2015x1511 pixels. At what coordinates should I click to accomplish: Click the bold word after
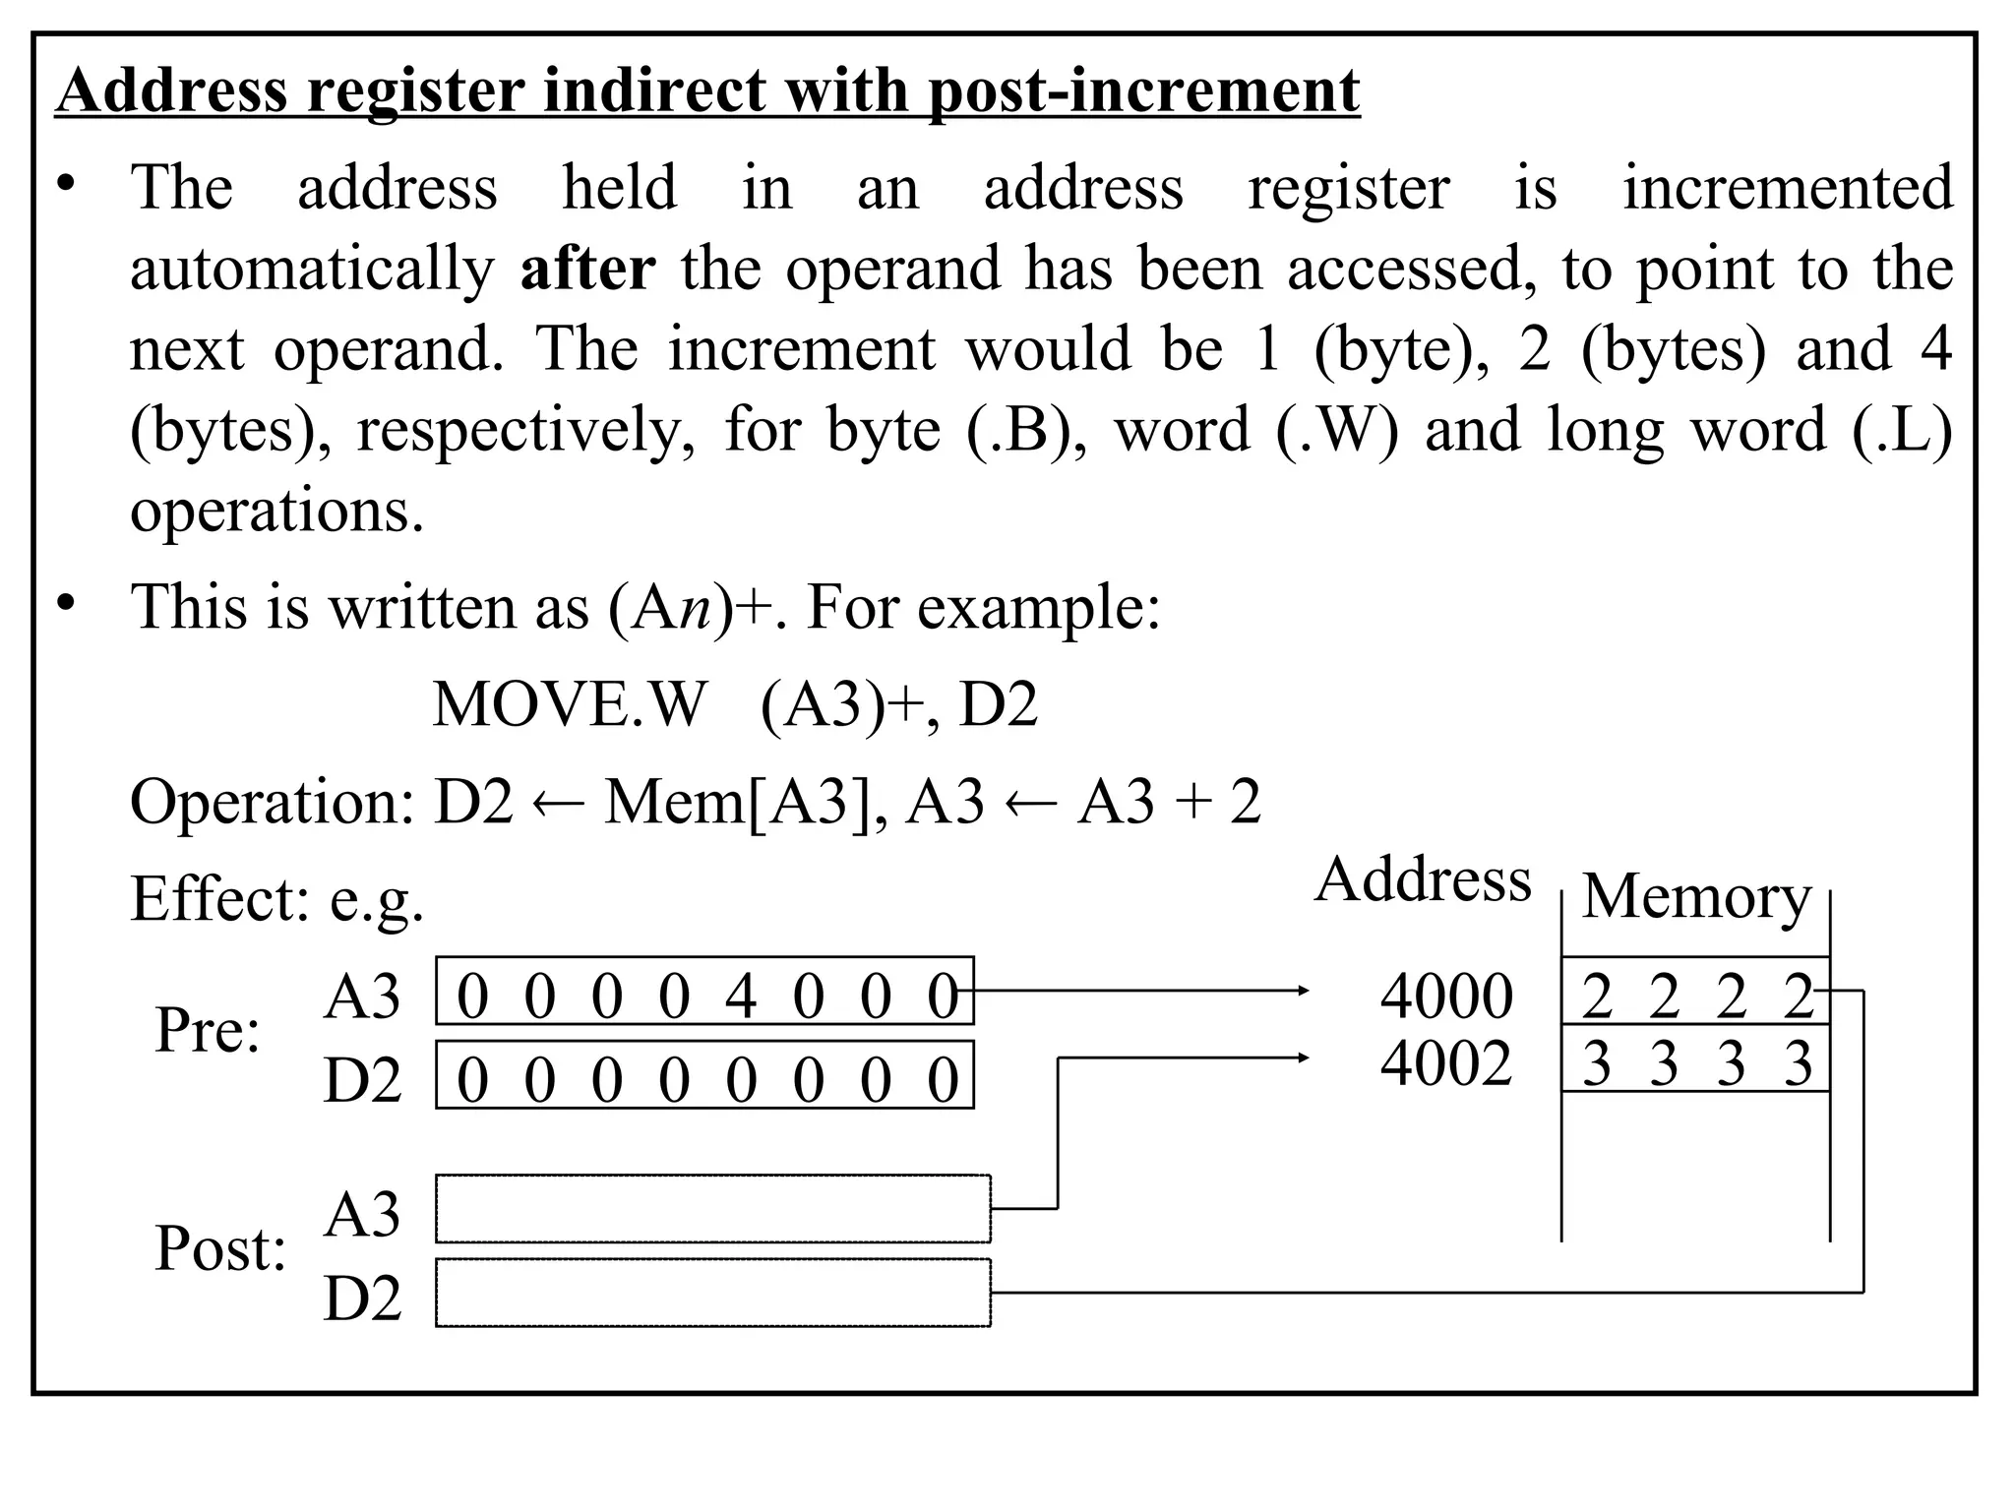click(587, 269)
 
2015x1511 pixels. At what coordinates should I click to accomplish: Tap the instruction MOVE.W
click(570, 704)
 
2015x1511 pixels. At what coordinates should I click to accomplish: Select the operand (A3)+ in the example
click(841, 704)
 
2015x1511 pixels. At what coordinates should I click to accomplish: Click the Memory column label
click(1696, 896)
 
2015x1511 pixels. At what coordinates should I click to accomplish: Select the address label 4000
click(1445, 996)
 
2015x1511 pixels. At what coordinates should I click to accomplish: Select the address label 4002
click(1445, 1063)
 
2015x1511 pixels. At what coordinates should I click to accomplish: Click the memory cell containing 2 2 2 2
click(1695, 993)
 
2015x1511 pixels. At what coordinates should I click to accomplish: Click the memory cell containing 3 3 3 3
click(1695, 1061)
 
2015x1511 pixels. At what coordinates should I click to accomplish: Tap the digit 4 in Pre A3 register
click(741, 996)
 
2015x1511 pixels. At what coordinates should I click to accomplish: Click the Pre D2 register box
click(704, 1075)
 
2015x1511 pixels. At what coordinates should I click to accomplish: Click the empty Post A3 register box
click(712, 1208)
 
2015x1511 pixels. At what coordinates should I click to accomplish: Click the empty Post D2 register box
click(712, 1293)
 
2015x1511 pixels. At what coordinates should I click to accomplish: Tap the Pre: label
click(208, 1031)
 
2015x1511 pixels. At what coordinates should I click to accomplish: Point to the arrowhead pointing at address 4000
click(1304, 991)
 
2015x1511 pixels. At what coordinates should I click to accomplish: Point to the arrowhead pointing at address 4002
click(1304, 1058)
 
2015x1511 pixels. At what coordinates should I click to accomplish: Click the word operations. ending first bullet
click(276, 511)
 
